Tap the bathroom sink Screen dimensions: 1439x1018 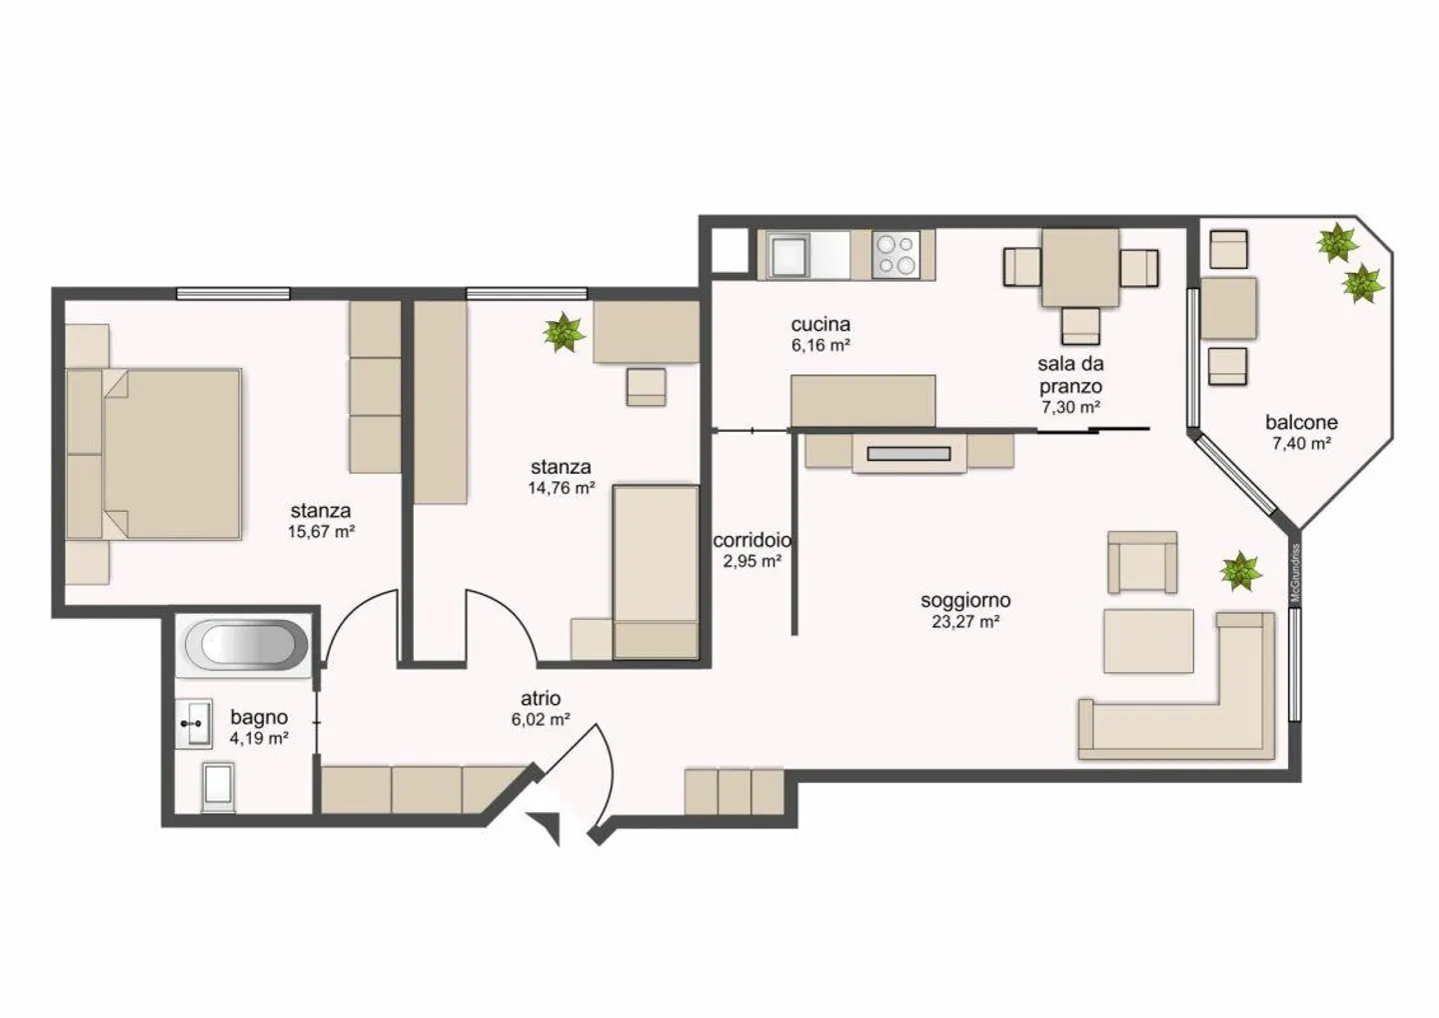[194, 724]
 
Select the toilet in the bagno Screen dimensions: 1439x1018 [218, 787]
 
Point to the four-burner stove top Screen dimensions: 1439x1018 [896, 254]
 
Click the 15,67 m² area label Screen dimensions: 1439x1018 [321, 531]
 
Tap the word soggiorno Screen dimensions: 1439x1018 [965, 601]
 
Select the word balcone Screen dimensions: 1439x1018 [1301, 422]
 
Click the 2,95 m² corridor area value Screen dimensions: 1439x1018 [752, 561]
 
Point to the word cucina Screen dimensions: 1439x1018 [820, 324]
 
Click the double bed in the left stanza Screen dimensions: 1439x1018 [154, 454]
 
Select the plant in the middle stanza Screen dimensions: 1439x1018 [564, 332]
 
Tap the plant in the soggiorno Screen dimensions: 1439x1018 [1240, 571]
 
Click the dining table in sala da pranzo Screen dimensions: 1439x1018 [1080, 267]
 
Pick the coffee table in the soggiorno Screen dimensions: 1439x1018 [1148, 641]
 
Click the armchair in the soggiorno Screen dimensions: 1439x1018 [1142, 562]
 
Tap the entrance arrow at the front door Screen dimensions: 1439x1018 [545, 826]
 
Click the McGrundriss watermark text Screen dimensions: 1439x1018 [1296, 573]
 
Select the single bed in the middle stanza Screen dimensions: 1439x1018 [656, 572]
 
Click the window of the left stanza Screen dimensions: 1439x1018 [233, 294]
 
